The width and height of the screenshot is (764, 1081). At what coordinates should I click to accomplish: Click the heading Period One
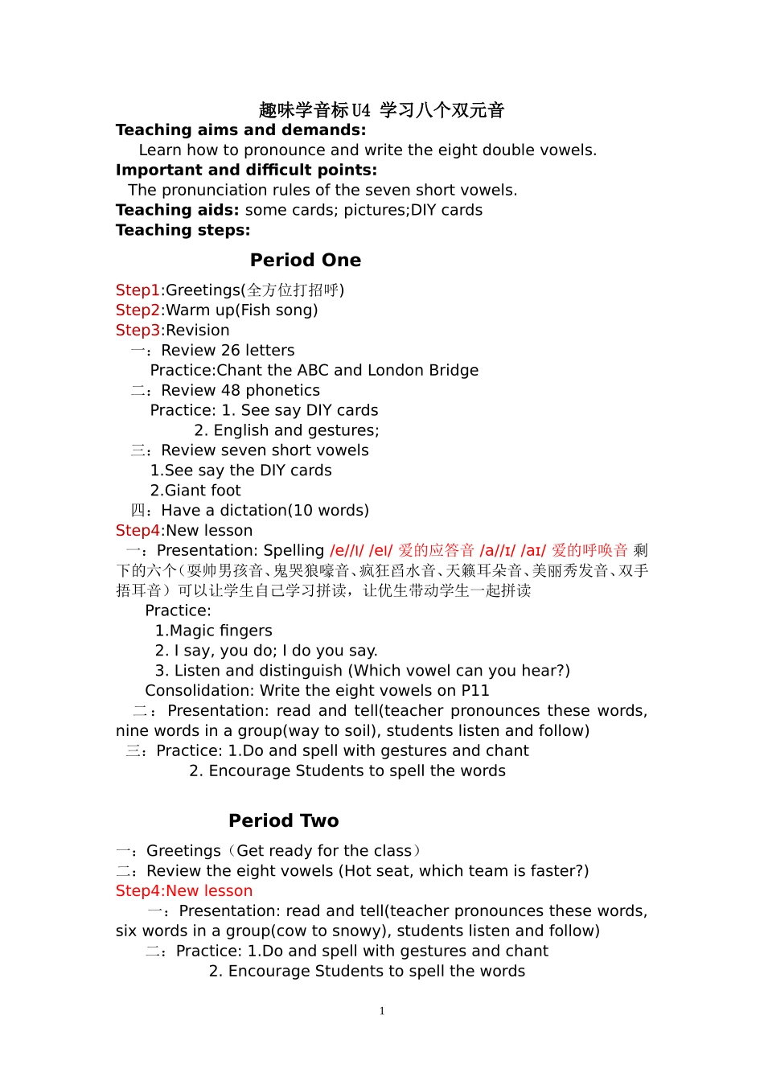pyautogui.click(x=306, y=261)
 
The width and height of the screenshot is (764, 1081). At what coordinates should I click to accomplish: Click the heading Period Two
pyautogui.click(x=284, y=821)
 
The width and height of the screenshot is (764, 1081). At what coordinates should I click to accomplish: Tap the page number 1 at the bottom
pyautogui.click(x=382, y=1011)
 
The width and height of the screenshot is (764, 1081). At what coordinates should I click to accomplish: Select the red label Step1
pyautogui.click(x=138, y=290)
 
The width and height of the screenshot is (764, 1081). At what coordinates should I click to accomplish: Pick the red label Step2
pyautogui.click(x=138, y=310)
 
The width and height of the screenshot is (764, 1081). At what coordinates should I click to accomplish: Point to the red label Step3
pyautogui.click(x=138, y=331)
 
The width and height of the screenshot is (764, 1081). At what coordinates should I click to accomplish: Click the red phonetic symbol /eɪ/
pyautogui.click(x=380, y=551)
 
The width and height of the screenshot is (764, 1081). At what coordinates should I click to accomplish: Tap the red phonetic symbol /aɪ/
pyautogui.click(x=533, y=551)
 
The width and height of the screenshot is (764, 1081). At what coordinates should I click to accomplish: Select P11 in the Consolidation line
pyautogui.click(x=474, y=691)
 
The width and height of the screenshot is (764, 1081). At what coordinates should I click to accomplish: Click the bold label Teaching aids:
pyautogui.click(x=177, y=211)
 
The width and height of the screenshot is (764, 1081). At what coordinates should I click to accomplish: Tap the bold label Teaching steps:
pyautogui.click(x=183, y=231)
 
